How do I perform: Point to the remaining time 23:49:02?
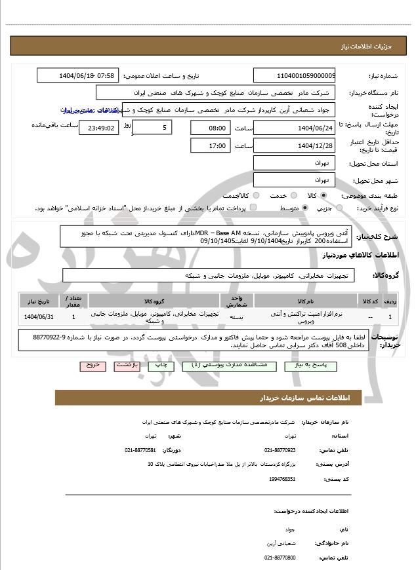click(x=99, y=128)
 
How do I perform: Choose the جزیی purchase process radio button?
click(x=339, y=208)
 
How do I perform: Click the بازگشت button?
click(x=127, y=365)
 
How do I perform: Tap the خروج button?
click(x=93, y=365)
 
